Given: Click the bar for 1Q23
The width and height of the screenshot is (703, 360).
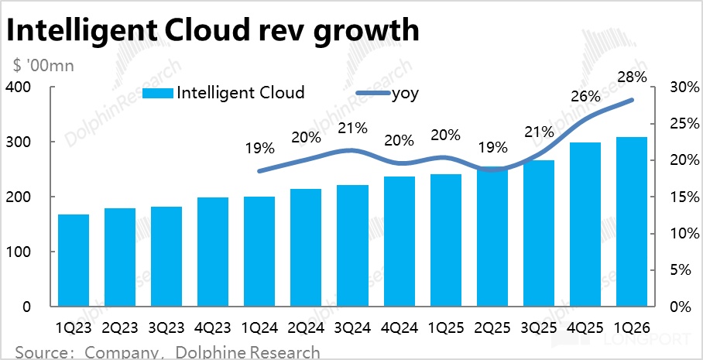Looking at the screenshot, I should [74, 260].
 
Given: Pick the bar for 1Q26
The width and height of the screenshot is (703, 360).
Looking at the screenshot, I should [631, 221].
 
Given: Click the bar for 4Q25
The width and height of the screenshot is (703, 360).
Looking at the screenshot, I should [585, 225].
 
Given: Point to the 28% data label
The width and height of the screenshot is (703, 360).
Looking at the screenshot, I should [633, 77].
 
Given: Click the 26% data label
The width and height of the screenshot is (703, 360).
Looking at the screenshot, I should [586, 97].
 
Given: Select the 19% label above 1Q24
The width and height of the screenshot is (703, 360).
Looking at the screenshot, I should [260, 147].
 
